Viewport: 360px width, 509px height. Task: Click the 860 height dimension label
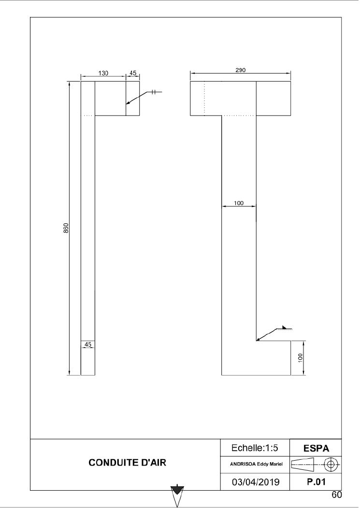click(x=66, y=228)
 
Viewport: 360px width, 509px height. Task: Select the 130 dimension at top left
click(x=103, y=73)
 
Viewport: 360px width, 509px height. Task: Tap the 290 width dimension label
click(x=240, y=70)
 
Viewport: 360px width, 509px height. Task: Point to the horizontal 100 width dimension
click(x=239, y=203)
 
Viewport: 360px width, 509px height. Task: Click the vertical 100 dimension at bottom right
click(x=300, y=358)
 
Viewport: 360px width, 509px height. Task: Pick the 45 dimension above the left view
click(x=133, y=73)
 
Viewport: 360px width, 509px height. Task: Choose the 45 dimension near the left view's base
click(x=88, y=345)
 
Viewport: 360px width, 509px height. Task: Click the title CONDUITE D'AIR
click(x=127, y=463)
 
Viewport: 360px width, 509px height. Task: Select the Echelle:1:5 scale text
click(x=255, y=448)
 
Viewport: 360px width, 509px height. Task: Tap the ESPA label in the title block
click(x=316, y=449)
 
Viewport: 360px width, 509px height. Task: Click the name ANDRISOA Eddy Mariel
click(x=256, y=464)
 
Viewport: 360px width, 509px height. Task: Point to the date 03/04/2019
click(x=256, y=482)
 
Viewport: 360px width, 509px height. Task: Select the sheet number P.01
click(x=316, y=482)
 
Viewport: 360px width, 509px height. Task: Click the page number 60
click(x=337, y=494)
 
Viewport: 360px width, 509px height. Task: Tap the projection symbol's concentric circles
click(x=331, y=464)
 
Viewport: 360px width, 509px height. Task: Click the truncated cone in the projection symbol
click(x=302, y=464)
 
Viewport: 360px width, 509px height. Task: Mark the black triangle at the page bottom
click(x=177, y=490)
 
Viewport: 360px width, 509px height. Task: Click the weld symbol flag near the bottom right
click(x=285, y=328)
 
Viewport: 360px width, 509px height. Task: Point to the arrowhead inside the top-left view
click(x=129, y=102)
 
